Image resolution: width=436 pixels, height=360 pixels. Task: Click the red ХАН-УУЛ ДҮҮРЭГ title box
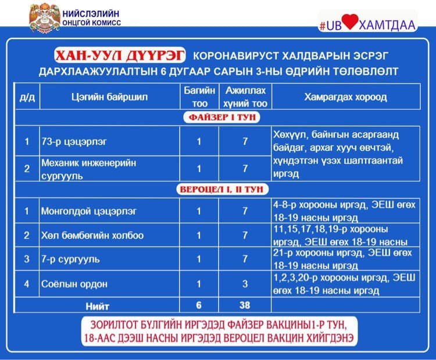(x=119, y=56)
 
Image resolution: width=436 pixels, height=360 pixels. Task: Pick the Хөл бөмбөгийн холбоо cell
(x=92, y=235)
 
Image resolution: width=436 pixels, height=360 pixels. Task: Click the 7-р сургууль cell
(x=70, y=259)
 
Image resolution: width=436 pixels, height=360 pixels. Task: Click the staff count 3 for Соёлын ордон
(x=245, y=284)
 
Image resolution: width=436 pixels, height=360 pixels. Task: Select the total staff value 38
(x=245, y=305)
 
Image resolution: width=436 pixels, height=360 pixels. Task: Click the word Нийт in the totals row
(x=97, y=305)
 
